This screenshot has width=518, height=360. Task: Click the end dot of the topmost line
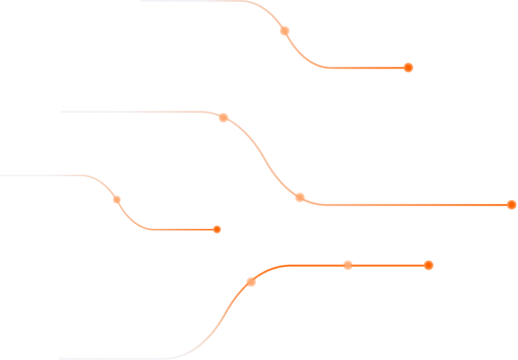pyautogui.click(x=408, y=67)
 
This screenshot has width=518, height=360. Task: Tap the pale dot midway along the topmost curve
pyautogui.click(x=284, y=31)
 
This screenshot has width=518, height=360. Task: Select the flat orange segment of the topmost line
pyautogui.click(x=366, y=68)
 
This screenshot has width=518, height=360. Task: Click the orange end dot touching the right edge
pyautogui.click(x=512, y=205)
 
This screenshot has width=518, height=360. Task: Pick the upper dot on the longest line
pyautogui.click(x=223, y=117)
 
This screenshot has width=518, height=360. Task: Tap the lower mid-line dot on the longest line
pyautogui.click(x=300, y=197)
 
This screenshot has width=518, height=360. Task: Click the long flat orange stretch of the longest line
pyautogui.click(x=413, y=205)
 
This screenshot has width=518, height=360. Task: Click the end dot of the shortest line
pyautogui.click(x=217, y=230)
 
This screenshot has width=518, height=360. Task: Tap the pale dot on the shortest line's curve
pyautogui.click(x=117, y=199)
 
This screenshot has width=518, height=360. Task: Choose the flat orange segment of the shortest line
pyautogui.click(x=183, y=230)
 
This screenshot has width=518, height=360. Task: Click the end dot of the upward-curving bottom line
pyautogui.click(x=429, y=265)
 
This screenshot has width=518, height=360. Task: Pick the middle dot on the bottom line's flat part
pyautogui.click(x=348, y=265)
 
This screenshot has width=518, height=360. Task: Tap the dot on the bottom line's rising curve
pyautogui.click(x=251, y=282)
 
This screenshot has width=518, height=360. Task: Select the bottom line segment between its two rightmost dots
pyautogui.click(x=388, y=265)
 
